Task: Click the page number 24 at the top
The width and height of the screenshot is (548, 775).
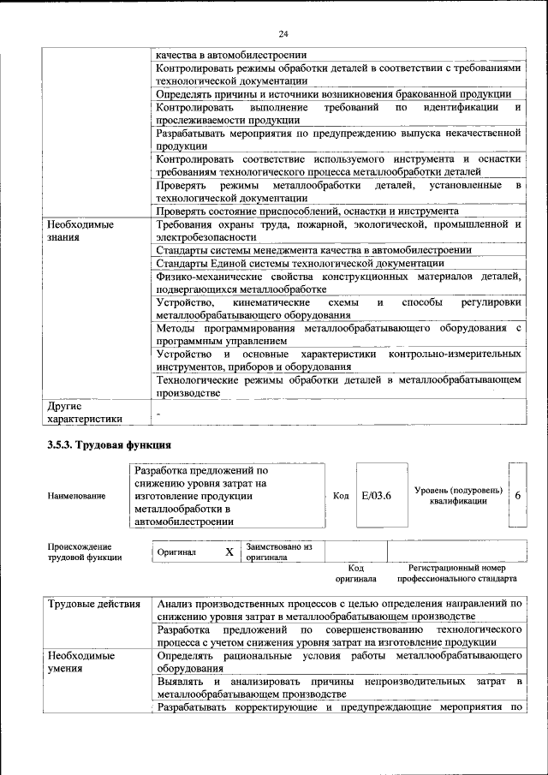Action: click(283, 34)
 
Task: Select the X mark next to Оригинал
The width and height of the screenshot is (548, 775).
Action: click(229, 552)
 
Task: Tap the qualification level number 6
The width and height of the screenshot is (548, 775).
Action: click(517, 496)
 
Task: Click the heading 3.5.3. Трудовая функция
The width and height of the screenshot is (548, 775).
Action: click(109, 445)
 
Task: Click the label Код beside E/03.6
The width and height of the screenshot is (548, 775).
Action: click(340, 496)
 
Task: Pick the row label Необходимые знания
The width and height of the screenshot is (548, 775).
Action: click(80, 230)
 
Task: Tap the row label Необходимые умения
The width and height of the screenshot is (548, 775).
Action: click(81, 662)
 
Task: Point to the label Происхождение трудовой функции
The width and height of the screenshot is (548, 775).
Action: click(85, 551)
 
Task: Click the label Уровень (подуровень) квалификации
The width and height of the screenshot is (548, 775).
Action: click(457, 495)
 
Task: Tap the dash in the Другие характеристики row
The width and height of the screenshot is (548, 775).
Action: click(158, 414)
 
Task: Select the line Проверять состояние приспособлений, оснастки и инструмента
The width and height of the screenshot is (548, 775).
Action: click(307, 211)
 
